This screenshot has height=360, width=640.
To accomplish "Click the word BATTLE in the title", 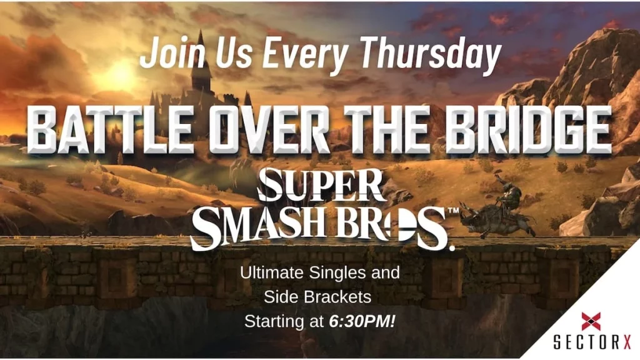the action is click(x=111, y=129).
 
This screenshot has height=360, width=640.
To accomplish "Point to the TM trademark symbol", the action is click(x=453, y=211).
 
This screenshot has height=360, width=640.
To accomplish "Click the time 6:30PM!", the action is click(x=362, y=322).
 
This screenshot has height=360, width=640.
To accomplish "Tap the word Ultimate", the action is click(x=272, y=272).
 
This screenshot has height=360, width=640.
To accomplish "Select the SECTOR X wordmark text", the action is click(x=592, y=342).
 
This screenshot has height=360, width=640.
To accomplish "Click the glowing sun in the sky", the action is click(x=121, y=75).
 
